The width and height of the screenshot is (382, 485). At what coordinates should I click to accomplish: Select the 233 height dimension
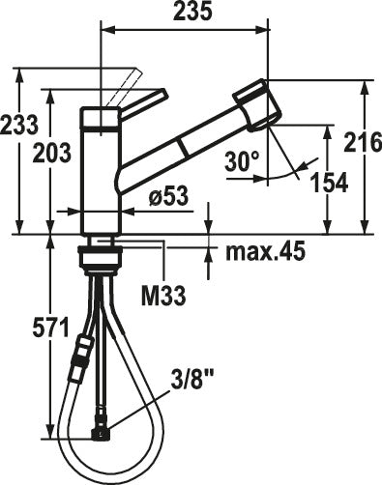click(x=18, y=124)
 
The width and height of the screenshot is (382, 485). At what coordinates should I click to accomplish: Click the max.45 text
click(x=265, y=253)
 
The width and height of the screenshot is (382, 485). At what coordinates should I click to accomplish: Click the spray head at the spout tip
click(x=256, y=105)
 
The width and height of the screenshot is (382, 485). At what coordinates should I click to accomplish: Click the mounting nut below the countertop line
click(x=102, y=256)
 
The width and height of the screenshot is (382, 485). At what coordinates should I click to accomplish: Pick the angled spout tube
click(x=179, y=145)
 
